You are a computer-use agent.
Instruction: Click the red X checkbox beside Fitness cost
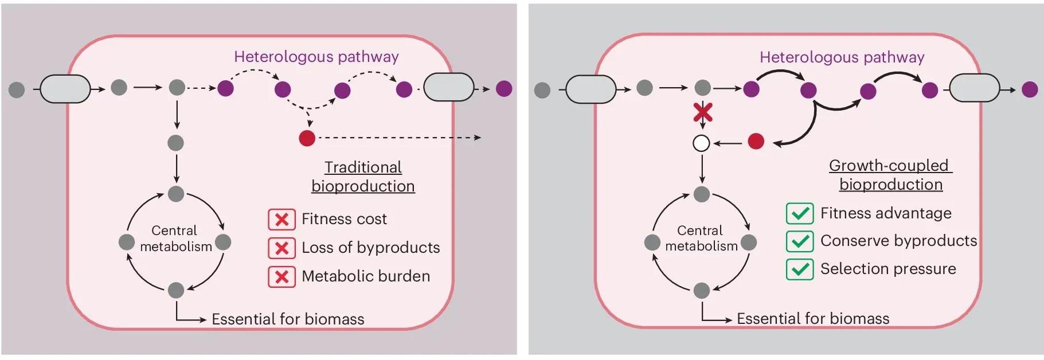pos(281,220)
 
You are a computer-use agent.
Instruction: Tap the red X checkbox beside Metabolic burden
pos(281,277)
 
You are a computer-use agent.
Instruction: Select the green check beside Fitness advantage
pos(800,214)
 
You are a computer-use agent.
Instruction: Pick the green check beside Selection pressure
pos(800,269)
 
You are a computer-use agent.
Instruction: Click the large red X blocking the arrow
pos(703,112)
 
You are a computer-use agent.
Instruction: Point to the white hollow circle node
pos(701,143)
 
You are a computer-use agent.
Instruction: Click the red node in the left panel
pos(307,138)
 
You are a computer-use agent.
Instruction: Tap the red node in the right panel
pos(756,141)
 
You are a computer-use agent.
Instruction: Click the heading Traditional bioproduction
pos(363,177)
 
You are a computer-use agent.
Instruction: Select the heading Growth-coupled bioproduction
pos(890,175)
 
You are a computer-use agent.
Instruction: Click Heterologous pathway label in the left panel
pos(316,57)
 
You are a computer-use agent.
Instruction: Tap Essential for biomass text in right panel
pos(813,318)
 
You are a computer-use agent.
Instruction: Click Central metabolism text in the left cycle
pos(175,238)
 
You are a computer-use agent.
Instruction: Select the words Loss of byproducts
pos(370,248)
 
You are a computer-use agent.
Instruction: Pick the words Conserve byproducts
pos(898,241)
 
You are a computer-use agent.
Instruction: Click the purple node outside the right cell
pos(1030,89)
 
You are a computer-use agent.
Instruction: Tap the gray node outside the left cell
pos(17,89)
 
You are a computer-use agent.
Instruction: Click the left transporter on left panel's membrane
pos(65,89)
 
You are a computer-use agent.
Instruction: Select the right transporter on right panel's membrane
pos(975,89)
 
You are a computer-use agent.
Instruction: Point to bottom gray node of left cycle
pos(176,290)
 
